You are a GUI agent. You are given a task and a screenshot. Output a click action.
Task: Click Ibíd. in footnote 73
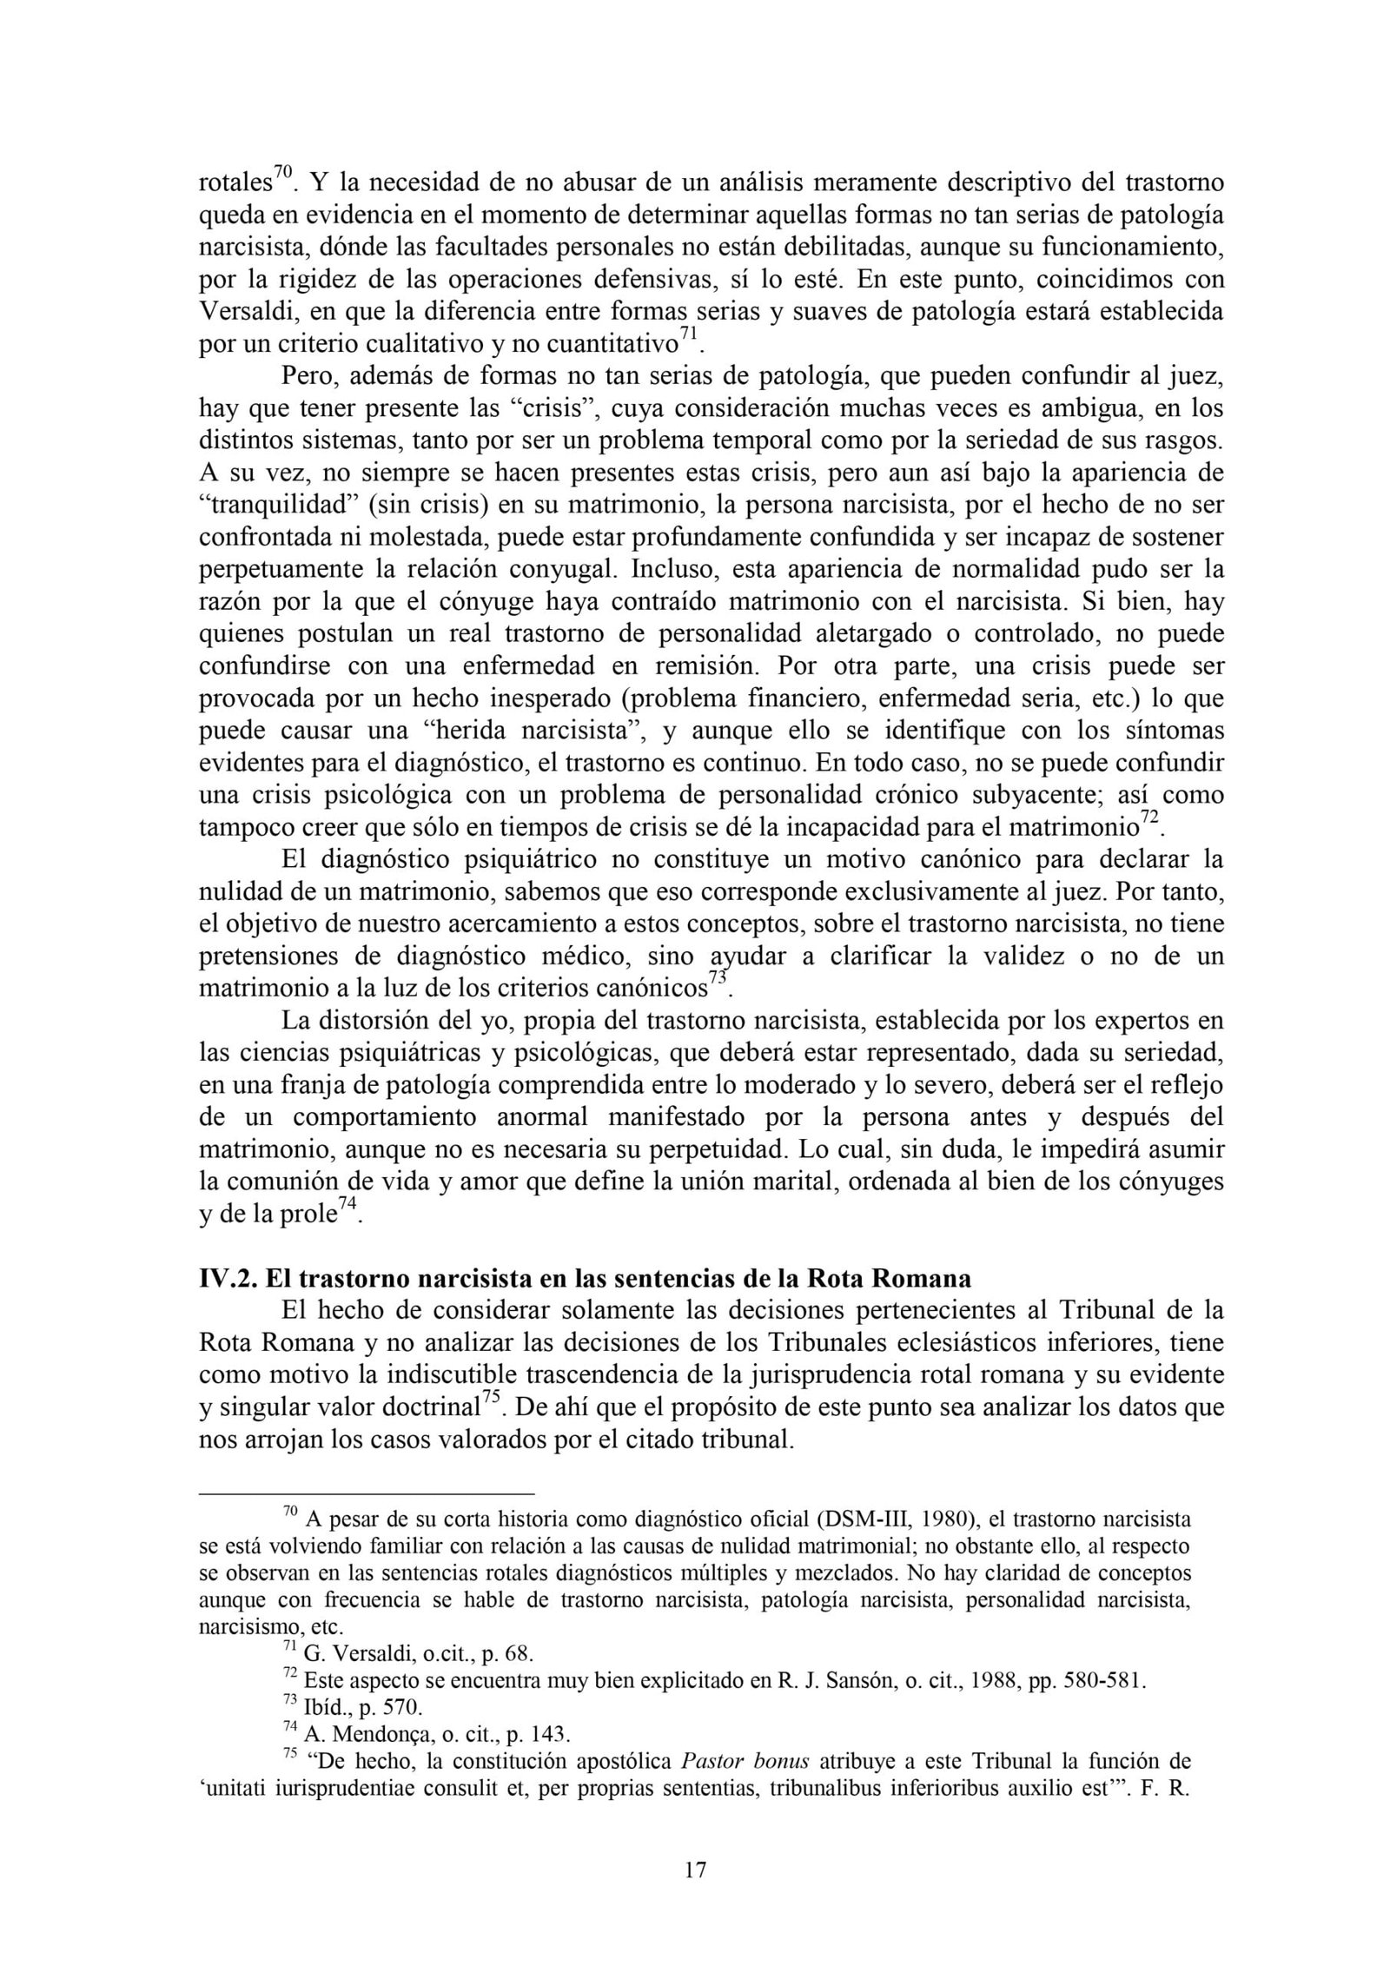pyautogui.click(x=324, y=1710)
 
